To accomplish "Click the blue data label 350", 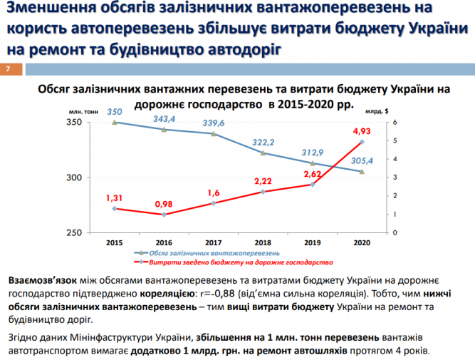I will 115,112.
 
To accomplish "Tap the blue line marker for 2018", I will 263,153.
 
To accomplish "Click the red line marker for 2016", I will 164,215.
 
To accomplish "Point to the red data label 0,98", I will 164,203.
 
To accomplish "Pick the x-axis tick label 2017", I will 214,242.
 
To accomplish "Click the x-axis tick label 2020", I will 362,242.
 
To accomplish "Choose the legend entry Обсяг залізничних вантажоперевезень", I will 214,253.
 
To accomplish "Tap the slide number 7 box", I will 9,68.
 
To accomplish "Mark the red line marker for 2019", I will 313,184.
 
